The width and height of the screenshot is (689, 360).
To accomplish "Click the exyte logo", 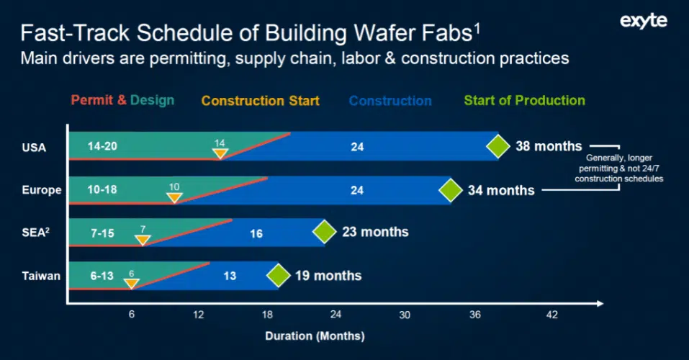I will pyautogui.click(x=643, y=21).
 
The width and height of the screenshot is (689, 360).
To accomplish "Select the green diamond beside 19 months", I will pyautogui.click(x=278, y=275).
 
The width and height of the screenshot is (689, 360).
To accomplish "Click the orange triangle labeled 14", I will pyautogui.click(x=220, y=152).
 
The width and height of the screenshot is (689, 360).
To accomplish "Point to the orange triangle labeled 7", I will pyautogui.click(x=143, y=238).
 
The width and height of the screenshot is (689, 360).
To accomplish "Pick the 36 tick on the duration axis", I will pyautogui.click(x=475, y=315).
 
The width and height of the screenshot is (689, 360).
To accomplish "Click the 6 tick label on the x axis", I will pyautogui.click(x=132, y=315).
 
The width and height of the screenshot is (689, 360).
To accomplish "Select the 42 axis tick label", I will pyautogui.click(x=551, y=315).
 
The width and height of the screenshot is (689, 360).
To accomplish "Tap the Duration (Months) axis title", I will pyautogui.click(x=315, y=336).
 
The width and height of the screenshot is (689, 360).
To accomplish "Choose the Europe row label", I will pyautogui.click(x=42, y=190).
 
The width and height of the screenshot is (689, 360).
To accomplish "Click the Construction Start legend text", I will pyautogui.click(x=260, y=101).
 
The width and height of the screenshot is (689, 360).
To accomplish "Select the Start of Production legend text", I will pyautogui.click(x=524, y=101).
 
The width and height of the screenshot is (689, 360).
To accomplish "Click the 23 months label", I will pyautogui.click(x=374, y=232).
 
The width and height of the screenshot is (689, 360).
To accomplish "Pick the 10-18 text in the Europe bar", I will pyautogui.click(x=102, y=190).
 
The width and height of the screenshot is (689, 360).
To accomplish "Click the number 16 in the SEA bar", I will pyautogui.click(x=256, y=233).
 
